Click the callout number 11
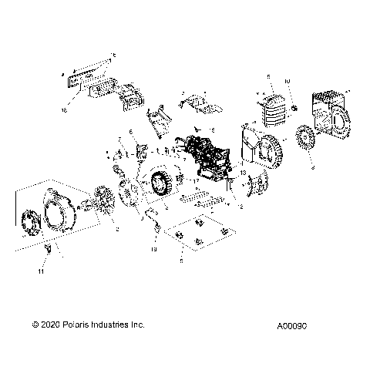pos(42,272)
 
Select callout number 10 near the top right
pos(287,80)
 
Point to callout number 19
pos(153,251)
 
